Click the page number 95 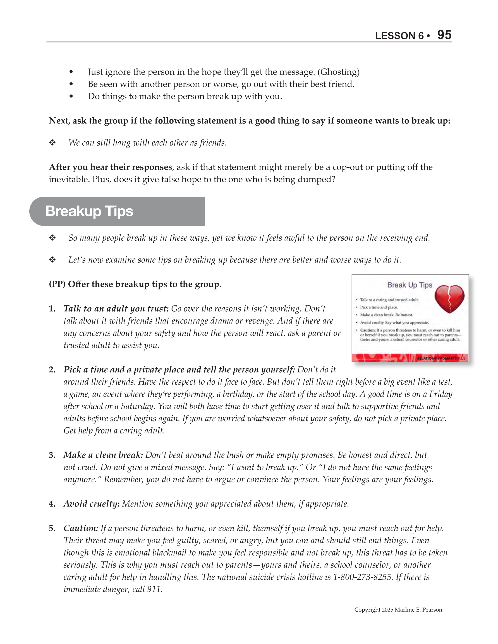(x=444, y=35)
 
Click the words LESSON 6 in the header (x=399, y=36)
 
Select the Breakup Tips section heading (x=89, y=211)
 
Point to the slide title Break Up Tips (x=410, y=285)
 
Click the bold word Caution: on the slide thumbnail (x=368, y=330)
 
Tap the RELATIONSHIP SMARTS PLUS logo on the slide (x=441, y=358)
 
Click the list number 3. (x=52, y=455)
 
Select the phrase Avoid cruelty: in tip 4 (x=92, y=504)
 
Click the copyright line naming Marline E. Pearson (x=398, y=610)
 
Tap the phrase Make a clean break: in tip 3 (x=103, y=455)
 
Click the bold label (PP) (x=57, y=284)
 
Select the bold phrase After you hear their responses (x=111, y=167)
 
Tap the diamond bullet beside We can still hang (x=52, y=143)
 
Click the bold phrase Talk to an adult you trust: (x=116, y=309)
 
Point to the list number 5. (x=52, y=529)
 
